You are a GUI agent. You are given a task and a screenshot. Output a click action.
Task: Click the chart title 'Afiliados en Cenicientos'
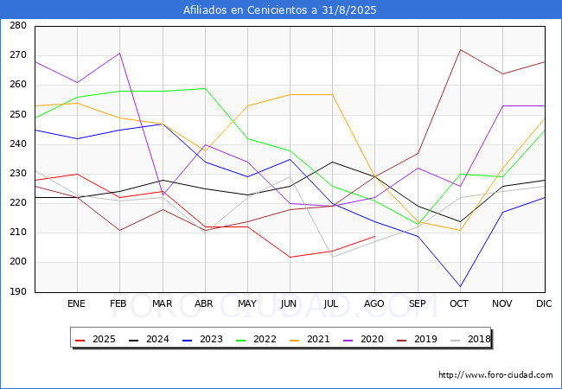[280, 10]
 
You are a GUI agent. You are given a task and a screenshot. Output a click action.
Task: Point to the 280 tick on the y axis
[16, 26]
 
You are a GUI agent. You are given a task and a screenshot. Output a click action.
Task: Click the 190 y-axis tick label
[16, 292]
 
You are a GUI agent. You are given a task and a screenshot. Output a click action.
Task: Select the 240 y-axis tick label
[16, 144]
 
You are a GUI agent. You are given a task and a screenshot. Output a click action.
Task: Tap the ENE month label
[77, 304]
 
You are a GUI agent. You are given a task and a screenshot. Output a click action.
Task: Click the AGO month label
[374, 304]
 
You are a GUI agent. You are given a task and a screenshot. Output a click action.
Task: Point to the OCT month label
[459, 304]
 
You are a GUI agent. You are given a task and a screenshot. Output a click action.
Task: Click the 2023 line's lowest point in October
[460, 286]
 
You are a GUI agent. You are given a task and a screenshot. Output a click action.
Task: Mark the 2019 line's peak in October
[460, 49]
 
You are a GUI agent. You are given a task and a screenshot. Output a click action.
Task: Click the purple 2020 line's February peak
[119, 53]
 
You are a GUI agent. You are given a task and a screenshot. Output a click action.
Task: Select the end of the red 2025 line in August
[374, 236]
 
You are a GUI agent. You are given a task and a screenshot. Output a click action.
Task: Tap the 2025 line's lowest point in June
[290, 257]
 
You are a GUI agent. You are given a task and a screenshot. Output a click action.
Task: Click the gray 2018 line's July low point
[332, 257]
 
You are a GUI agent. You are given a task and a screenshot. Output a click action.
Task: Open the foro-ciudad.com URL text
[495, 375]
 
